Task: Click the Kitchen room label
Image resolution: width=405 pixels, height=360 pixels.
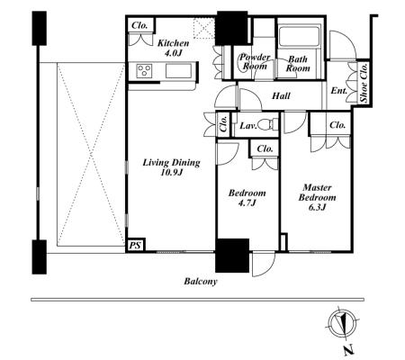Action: pos(174,43)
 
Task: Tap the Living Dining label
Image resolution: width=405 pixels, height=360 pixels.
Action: pos(171,163)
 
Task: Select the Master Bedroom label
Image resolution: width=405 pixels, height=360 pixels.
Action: pos(317,193)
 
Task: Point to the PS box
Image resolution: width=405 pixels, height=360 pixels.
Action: pos(135,245)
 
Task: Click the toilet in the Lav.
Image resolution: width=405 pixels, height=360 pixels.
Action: pos(267,124)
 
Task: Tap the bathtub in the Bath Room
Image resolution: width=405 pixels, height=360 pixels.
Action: pos(298,37)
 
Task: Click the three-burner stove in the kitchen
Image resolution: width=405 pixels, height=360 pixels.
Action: pos(144,71)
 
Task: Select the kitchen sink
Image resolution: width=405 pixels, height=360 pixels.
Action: pos(178,71)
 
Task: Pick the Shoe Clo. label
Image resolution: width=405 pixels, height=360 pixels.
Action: pos(364,83)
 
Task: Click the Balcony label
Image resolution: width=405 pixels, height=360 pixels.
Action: pos(201,282)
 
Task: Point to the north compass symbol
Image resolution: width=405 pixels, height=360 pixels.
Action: pos(342,323)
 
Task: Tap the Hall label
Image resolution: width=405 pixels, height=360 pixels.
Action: pos(281,95)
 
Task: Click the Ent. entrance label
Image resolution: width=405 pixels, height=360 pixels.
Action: pos(339,90)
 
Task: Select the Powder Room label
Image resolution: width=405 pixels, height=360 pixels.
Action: pos(255,61)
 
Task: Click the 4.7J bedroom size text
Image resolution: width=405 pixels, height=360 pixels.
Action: pos(247,203)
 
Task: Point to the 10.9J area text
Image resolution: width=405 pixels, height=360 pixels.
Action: pos(172,173)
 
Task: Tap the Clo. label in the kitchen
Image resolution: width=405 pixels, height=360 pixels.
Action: pos(139,25)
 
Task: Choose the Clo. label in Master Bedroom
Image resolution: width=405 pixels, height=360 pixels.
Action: pos(337,125)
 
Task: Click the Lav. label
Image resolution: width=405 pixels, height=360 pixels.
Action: pos(248,126)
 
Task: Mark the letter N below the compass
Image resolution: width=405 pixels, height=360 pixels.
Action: pos(348,350)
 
